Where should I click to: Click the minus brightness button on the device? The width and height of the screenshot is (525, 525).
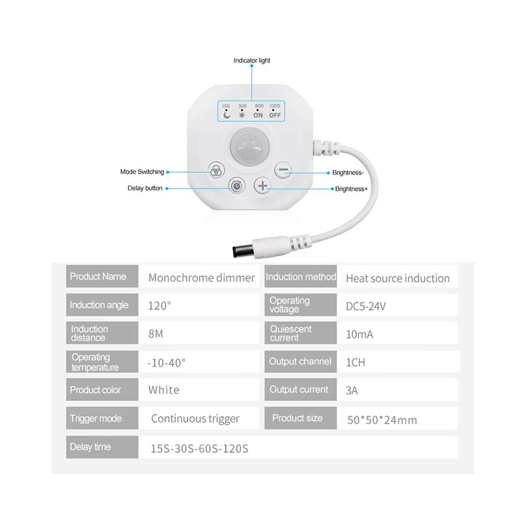pyautogui.click(x=283, y=170)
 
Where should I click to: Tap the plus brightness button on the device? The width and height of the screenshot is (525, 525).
pyautogui.click(x=262, y=186)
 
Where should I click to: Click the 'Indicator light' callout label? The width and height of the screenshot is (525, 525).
pyautogui.click(x=252, y=60)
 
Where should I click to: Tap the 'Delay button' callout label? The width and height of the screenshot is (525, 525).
pyautogui.click(x=145, y=188)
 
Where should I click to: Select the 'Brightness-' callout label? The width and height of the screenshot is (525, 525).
pyautogui.click(x=348, y=173)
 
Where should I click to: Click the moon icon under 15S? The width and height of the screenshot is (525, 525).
pyautogui.click(x=227, y=115)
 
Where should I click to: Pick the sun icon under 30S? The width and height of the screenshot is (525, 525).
pyautogui.click(x=242, y=115)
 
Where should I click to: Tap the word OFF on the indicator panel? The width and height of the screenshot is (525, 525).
pyautogui.click(x=275, y=115)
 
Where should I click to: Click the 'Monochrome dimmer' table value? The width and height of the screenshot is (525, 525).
pyautogui.click(x=202, y=278)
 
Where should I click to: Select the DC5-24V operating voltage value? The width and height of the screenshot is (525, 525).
pyautogui.click(x=365, y=307)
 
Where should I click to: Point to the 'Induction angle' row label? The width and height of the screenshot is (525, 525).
pyautogui.click(x=99, y=305)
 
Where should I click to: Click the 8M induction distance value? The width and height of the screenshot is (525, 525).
pyautogui.click(x=156, y=334)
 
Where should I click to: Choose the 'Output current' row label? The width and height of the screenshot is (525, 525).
pyautogui.click(x=299, y=390)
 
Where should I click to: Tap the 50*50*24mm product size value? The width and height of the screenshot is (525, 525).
pyautogui.click(x=382, y=420)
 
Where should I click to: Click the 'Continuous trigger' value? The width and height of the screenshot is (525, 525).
pyautogui.click(x=195, y=418)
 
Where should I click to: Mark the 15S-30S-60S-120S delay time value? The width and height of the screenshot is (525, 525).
pyautogui.click(x=199, y=449)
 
